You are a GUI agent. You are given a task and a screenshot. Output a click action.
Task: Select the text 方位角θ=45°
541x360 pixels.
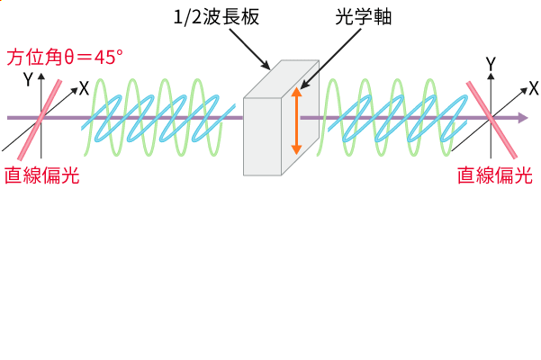[x=66, y=57]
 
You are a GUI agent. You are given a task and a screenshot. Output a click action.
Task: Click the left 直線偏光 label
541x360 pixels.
[x=42, y=175]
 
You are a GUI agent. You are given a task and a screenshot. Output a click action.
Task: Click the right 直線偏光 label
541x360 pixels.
[x=495, y=175]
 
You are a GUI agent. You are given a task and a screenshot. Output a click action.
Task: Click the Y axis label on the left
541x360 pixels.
[x=29, y=79]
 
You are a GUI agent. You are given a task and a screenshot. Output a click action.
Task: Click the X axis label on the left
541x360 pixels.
[x=83, y=88]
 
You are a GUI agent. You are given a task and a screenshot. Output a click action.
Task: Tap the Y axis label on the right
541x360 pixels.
[x=491, y=64]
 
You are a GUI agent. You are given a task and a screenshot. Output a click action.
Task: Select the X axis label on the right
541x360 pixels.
[x=533, y=88]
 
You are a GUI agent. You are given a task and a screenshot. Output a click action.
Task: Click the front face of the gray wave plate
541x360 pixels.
[x=263, y=135]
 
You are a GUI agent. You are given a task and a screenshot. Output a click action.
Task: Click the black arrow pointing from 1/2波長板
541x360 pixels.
[x=256, y=51]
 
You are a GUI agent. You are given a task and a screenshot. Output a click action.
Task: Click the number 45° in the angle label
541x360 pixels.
[x=106, y=57]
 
